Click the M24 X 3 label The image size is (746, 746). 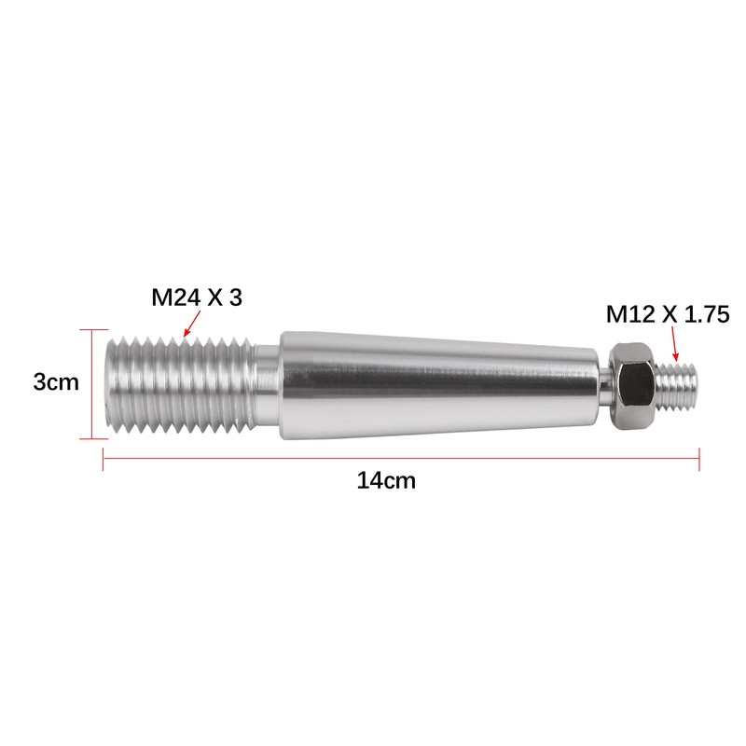click(197, 297)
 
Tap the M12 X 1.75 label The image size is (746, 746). click(668, 314)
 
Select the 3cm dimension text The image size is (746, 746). click(56, 382)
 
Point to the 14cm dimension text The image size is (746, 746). click(386, 480)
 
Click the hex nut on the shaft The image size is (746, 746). click(632, 386)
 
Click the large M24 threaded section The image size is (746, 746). click(181, 385)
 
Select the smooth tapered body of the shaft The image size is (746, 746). click(438, 385)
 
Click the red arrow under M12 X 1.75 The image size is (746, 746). click(674, 344)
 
